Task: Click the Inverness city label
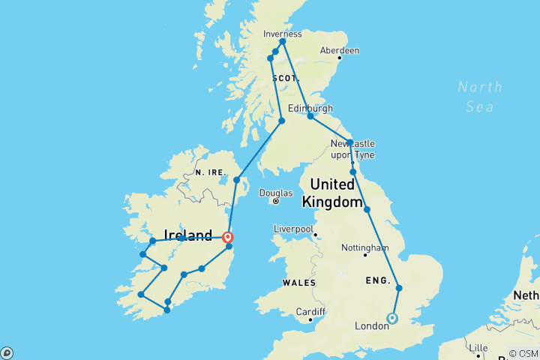283,34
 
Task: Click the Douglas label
275,192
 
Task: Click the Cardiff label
310,311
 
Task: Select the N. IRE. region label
210,172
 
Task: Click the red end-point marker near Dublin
227,238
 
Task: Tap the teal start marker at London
392,319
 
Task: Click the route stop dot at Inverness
283,41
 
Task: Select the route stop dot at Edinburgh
310,116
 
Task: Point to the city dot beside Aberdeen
339,57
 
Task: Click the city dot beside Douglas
276,201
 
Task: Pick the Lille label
477,349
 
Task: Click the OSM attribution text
522,353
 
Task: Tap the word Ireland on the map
187,236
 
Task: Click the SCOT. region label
285,78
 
